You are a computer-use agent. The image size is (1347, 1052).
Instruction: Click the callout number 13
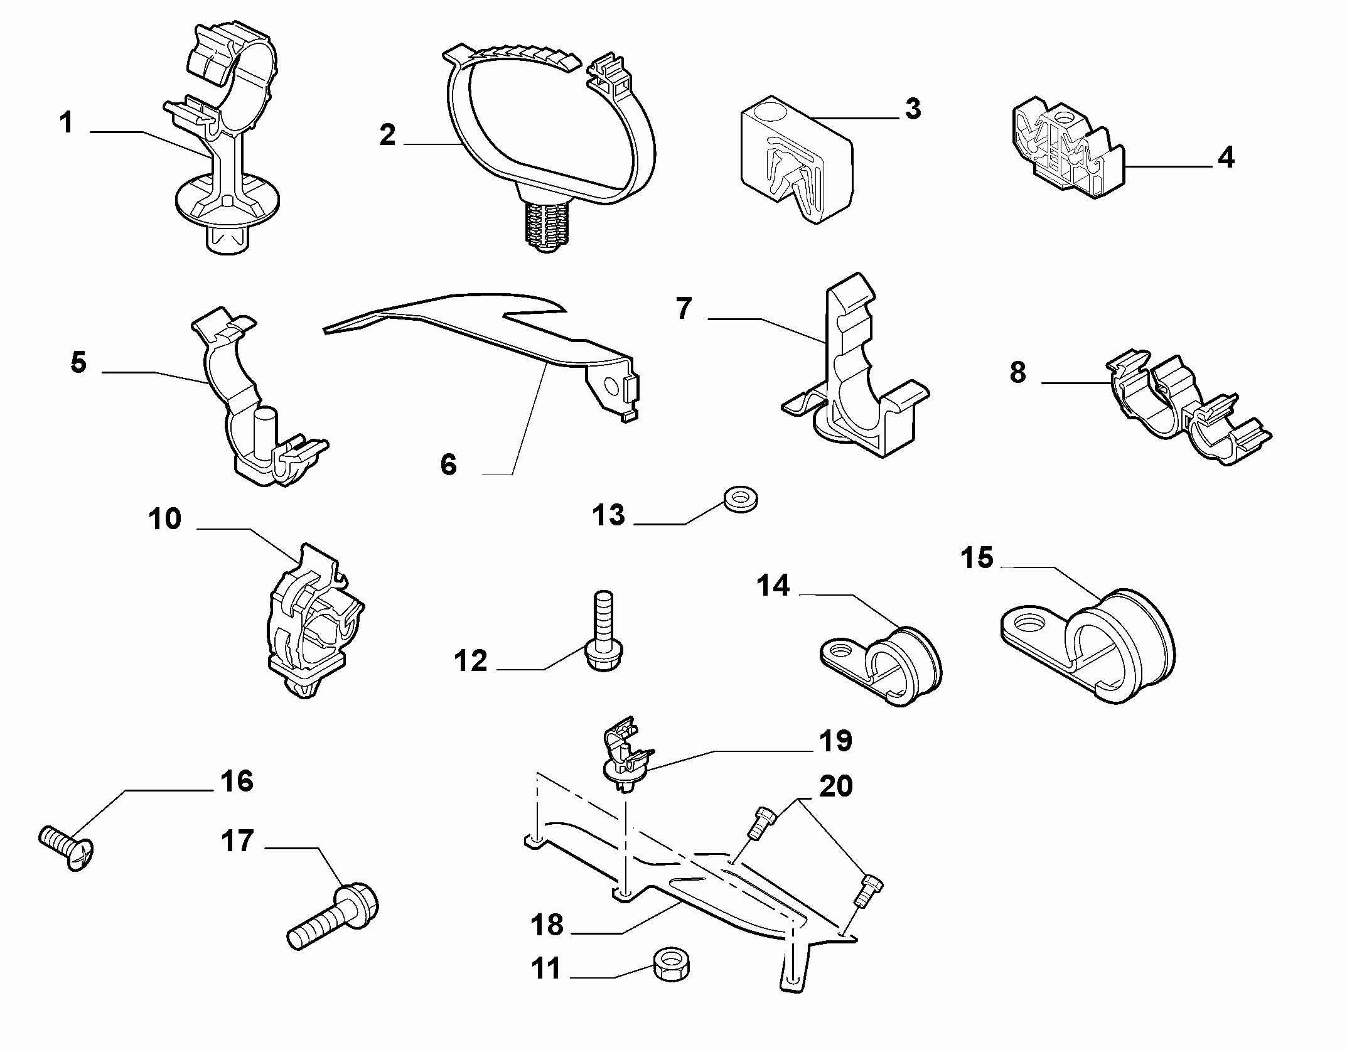[x=608, y=515]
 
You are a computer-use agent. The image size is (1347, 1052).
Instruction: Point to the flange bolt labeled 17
[x=333, y=916]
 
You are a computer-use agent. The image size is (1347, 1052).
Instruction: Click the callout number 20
[x=835, y=787]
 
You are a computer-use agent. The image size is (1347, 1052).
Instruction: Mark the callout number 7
[x=684, y=309]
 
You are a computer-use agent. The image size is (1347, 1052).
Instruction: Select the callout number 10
[x=165, y=520]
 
